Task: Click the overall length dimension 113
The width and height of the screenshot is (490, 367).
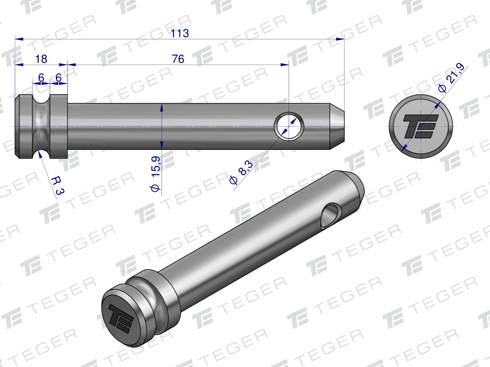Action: (x=180, y=34)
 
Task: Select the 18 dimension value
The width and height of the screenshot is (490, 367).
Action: (x=41, y=59)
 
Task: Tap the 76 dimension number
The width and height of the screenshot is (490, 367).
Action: (x=178, y=59)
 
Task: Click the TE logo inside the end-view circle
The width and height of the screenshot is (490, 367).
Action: (x=420, y=126)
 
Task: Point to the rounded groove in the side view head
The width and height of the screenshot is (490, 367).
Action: (x=41, y=126)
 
